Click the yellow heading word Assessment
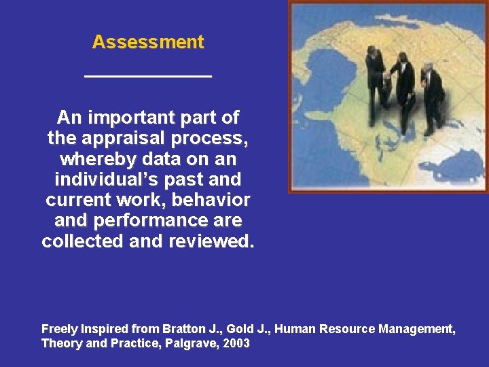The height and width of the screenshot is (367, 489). point(148,42)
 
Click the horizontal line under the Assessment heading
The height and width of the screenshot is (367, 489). point(148,75)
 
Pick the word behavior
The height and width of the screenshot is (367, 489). point(215,200)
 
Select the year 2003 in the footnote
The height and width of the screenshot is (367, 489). point(235,343)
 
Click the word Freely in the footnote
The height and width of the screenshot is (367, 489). point(60,329)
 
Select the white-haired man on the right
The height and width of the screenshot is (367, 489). point(431,95)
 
